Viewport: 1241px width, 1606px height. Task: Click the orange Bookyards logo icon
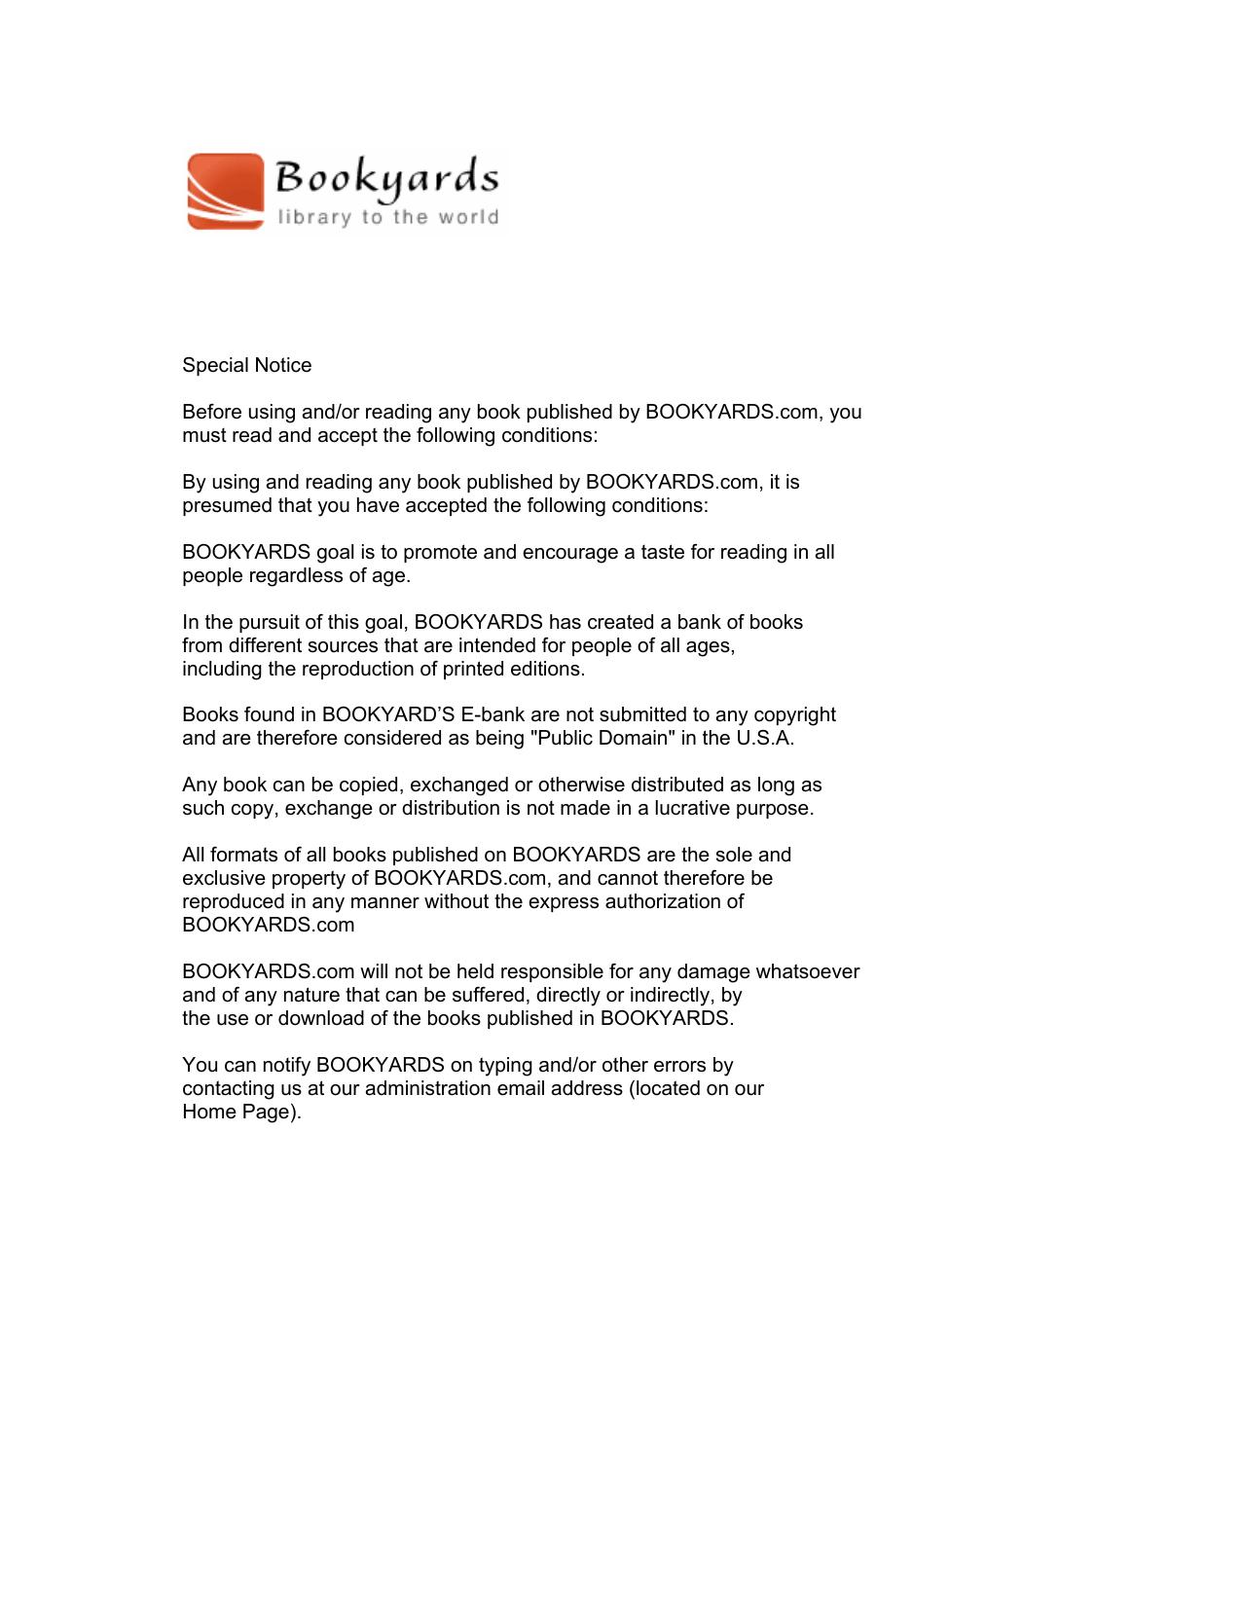[x=226, y=191]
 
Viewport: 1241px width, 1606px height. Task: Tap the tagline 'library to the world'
[x=387, y=217]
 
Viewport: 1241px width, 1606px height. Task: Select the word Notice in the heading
[x=283, y=365]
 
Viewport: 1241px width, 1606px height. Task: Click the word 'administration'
[x=427, y=1088]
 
